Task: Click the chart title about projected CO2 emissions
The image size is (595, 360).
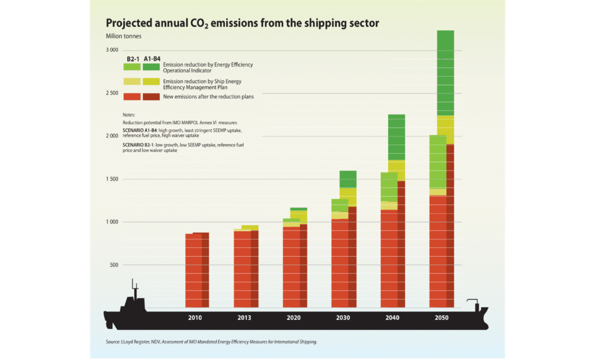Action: pos(242,23)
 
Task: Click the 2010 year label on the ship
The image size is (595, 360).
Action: pos(195,318)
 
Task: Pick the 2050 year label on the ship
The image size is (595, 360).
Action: pos(440,318)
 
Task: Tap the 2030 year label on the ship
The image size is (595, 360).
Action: pos(342,318)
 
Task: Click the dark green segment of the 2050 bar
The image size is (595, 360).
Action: pos(446,73)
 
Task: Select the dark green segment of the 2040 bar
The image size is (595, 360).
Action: pos(397,137)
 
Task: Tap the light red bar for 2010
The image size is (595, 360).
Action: pos(193,270)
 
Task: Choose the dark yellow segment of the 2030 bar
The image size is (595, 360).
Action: pos(348,197)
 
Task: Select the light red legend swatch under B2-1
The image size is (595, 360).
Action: pos(132,96)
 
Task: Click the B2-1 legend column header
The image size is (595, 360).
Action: pos(132,59)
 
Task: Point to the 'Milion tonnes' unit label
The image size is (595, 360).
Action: pos(123,37)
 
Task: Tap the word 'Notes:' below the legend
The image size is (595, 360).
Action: pos(128,115)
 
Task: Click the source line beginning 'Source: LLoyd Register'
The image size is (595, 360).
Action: pos(212,343)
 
